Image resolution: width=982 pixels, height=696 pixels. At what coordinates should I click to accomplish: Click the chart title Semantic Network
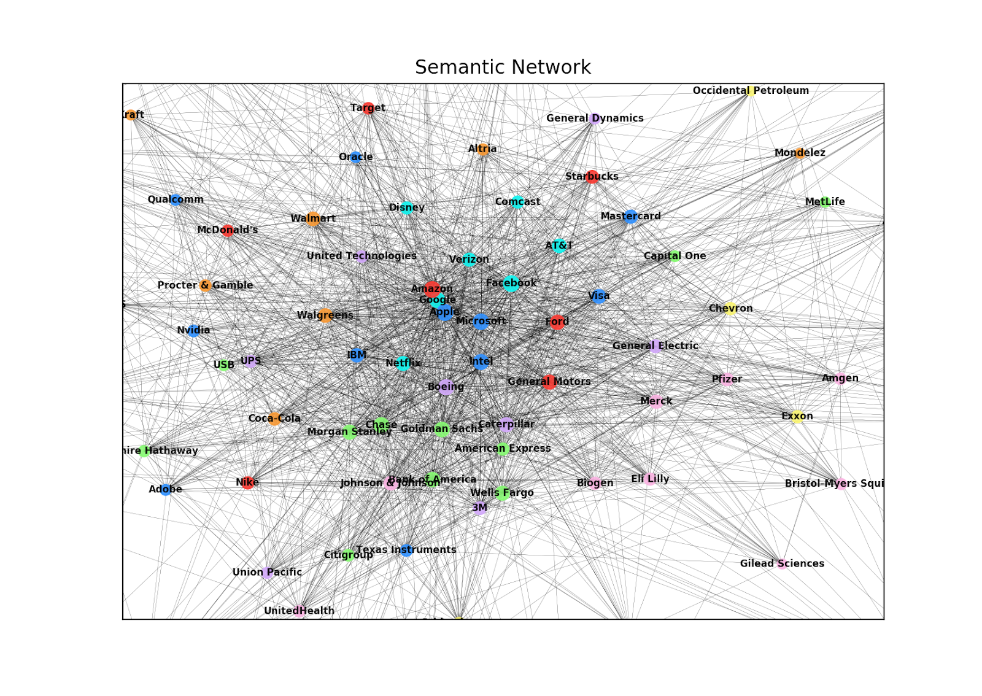click(x=503, y=67)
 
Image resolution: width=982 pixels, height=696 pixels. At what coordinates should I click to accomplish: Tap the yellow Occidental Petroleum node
click(x=750, y=91)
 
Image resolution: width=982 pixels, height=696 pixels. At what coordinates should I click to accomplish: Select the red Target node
click(x=368, y=108)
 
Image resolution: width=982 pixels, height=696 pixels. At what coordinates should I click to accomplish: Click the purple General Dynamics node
click(x=594, y=118)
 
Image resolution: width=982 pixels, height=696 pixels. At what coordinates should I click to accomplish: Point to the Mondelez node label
click(x=799, y=153)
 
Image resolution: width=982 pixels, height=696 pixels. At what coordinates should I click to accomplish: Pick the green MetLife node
click(x=825, y=202)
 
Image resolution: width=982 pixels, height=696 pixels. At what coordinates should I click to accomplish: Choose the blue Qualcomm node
click(x=176, y=199)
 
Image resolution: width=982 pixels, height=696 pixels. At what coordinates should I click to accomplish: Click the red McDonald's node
click(x=227, y=230)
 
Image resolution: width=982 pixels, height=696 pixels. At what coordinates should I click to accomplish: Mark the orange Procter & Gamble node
click(x=206, y=285)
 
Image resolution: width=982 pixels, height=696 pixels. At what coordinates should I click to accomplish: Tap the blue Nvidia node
click(x=193, y=331)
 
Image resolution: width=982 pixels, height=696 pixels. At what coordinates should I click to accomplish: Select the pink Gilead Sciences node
click(x=782, y=563)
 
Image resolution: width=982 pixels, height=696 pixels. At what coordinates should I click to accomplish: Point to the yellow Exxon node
click(x=797, y=417)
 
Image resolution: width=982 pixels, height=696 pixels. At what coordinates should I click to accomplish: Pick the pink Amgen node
click(x=840, y=379)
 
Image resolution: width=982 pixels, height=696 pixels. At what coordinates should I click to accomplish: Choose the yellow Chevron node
click(x=730, y=309)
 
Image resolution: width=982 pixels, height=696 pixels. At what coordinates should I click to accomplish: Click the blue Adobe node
click(x=166, y=489)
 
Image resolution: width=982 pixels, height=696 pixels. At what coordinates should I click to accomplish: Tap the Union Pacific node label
click(x=267, y=572)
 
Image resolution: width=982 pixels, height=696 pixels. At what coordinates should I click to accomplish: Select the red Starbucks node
click(x=592, y=177)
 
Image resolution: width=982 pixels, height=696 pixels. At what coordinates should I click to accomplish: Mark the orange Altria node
click(x=483, y=149)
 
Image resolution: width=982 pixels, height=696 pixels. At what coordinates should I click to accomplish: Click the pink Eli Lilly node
click(x=650, y=479)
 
